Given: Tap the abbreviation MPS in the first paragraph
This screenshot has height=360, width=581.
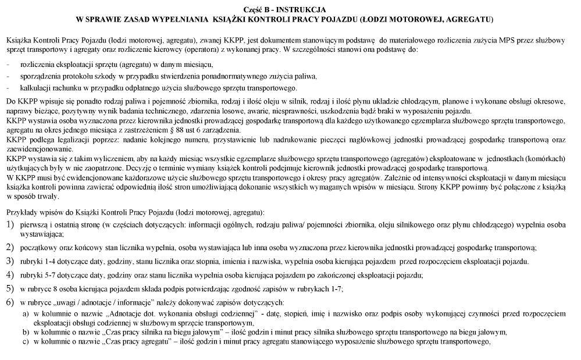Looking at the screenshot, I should (x=479, y=41).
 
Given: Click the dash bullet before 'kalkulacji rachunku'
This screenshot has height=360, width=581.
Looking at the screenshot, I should (x=8, y=88).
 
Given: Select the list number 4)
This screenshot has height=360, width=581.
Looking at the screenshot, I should (x=10, y=275).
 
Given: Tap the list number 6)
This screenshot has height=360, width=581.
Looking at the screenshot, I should (x=10, y=302).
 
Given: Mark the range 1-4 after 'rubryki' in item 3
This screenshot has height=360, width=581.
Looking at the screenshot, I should (x=49, y=261).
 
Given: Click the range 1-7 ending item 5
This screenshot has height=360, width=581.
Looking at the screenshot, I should (x=334, y=288).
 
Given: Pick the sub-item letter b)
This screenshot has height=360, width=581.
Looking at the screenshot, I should (x=26, y=332).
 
